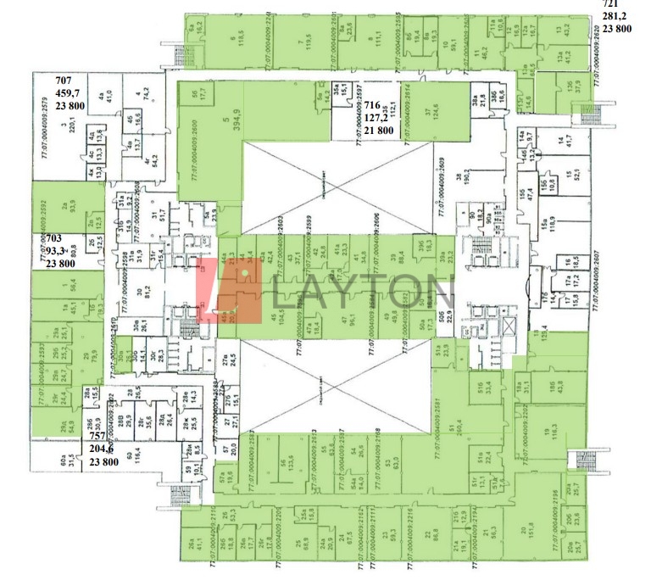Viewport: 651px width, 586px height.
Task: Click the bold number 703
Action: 54,240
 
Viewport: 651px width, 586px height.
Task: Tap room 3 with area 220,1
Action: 63,131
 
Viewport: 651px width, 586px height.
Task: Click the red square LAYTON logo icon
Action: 231,291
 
